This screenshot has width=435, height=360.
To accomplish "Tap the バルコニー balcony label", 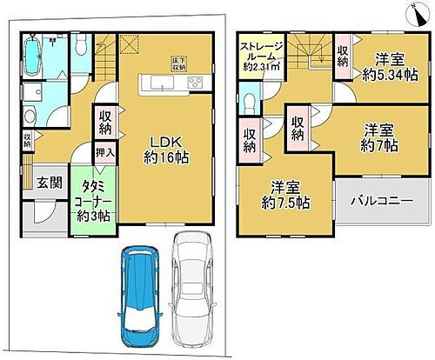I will click(x=381, y=201).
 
